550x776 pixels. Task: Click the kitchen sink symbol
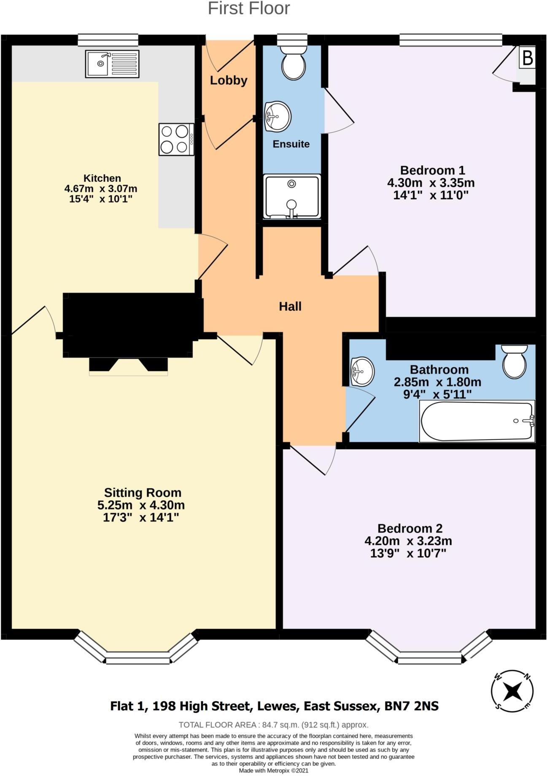click(x=112, y=64)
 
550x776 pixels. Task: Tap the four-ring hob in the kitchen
click(x=177, y=139)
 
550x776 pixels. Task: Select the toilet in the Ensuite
click(x=294, y=63)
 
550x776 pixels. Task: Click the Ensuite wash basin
click(x=277, y=116)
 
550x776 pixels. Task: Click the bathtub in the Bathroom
click(x=477, y=421)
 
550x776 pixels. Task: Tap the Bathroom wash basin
click(x=362, y=371)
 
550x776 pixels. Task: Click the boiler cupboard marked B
click(x=527, y=58)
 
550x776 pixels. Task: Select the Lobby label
click(x=229, y=80)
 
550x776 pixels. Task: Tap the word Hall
click(x=290, y=307)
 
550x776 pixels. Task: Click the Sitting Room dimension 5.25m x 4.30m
click(x=141, y=505)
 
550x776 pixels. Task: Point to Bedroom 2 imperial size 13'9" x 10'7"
click(x=408, y=553)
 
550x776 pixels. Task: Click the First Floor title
click(x=249, y=8)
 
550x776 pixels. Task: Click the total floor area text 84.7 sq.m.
click(x=273, y=725)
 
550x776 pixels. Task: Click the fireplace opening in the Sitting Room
click(x=128, y=366)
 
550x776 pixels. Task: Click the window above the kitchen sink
click(x=108, y=40)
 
